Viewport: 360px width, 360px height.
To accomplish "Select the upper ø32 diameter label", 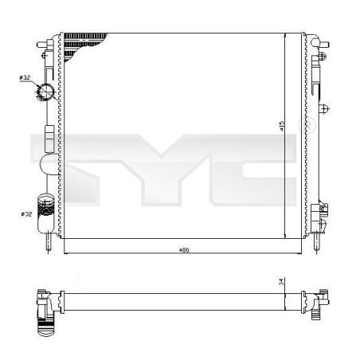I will pos(24,77).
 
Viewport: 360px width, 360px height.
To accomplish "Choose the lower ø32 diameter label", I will pos(25,213).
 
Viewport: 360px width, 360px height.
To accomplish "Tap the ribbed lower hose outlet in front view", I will pos(45,205).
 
